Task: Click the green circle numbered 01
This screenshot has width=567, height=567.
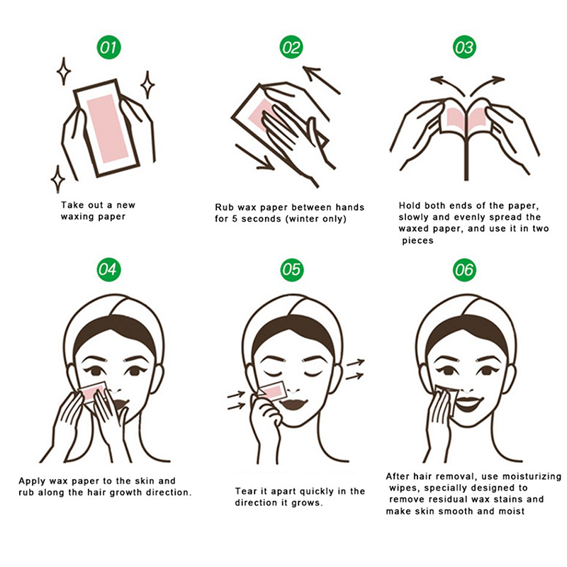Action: [108, 47]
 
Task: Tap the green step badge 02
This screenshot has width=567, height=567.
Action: [291, 47]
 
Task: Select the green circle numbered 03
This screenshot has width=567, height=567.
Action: [465, 47]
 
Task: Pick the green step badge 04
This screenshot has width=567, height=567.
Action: [108, 269]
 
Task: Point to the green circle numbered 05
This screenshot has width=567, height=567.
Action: [291, 269]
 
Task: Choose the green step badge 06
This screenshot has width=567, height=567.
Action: [465, 269]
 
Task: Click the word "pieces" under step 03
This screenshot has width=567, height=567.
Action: [417, 241]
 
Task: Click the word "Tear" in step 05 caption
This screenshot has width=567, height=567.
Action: [244, 491]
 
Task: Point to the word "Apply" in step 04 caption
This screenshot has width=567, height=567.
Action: [32, 481]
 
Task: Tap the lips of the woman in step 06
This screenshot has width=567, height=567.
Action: [469, 403]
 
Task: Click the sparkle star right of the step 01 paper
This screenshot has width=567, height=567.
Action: [147, 84]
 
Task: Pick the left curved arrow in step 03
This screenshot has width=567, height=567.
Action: [449, 84]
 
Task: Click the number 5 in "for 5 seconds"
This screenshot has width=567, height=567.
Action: [235, 219]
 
